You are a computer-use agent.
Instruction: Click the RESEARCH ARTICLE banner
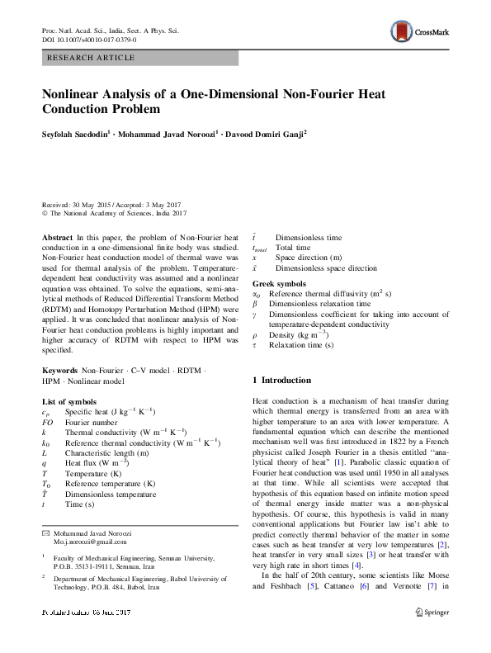[140, 59]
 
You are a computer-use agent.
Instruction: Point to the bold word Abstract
[57, 237]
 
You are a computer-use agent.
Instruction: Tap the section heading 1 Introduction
[281, 380]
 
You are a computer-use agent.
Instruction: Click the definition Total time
[293, 247]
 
